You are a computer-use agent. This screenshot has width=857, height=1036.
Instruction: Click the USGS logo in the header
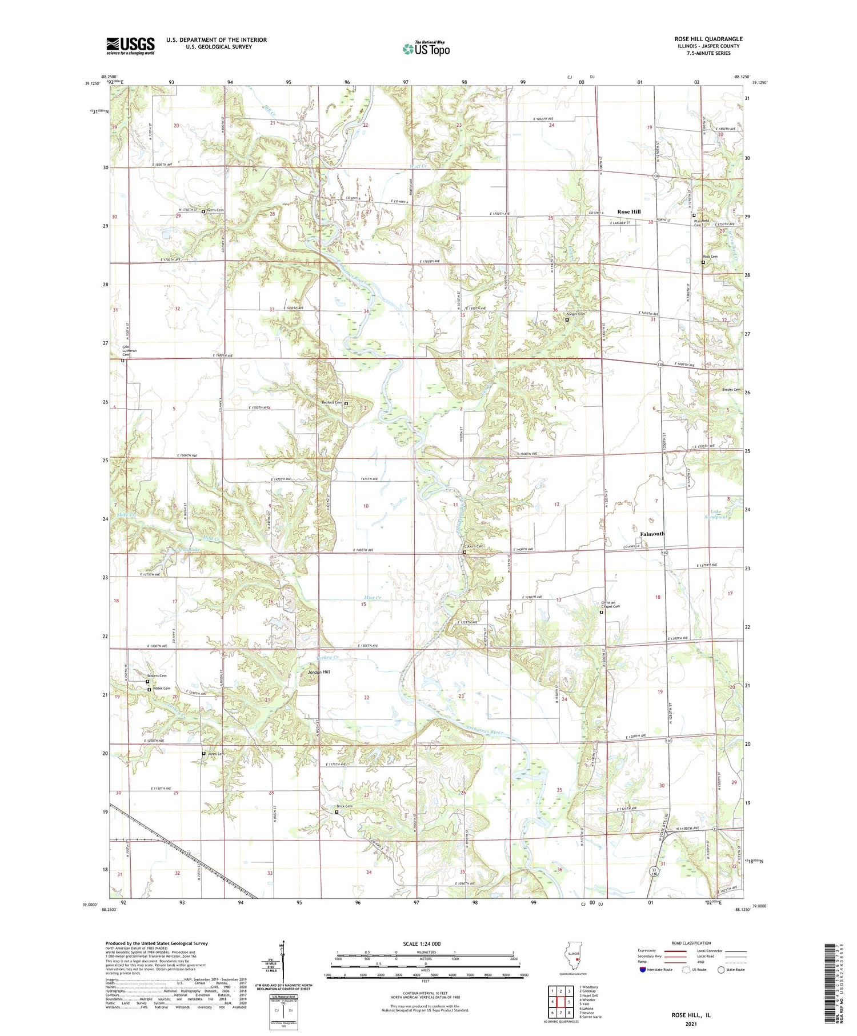tap(130, 46)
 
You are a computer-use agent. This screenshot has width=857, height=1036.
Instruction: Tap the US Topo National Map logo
tap(426, 49)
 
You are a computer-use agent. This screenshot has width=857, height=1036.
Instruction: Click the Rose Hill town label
tap(628, 211)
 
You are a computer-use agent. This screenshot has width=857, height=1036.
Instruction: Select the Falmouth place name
tap(652, 534)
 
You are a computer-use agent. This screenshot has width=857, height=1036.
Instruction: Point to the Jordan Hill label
tap(319, 672)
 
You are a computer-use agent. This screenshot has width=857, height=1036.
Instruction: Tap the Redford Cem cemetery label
tap(332, 402)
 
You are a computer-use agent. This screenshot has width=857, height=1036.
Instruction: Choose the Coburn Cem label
tap(475, 546)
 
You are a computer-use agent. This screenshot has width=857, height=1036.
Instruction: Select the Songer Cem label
tap(575, 314)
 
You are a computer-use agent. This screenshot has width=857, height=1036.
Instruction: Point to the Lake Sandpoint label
tap(719, 514)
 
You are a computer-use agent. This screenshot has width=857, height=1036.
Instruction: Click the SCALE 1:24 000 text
tap(421, 943)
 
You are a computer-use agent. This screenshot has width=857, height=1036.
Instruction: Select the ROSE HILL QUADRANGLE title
tap(708, 39)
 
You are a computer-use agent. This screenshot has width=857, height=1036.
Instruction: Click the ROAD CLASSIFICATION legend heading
tap(691, 943)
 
